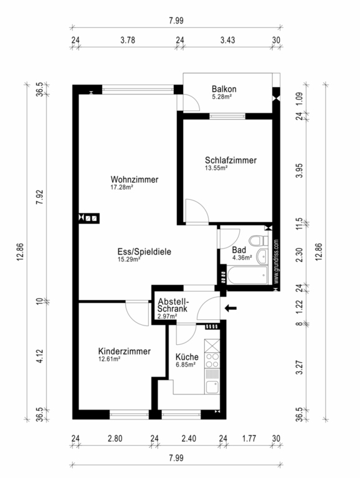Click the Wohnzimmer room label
tap(135, 179)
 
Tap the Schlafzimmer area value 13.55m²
tap(216, 168)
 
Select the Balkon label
tap(224, 89)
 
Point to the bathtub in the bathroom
tap(247, 275)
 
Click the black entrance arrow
tap(230, 308)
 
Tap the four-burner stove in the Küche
tap(212, 360)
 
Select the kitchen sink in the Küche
tap(212, 387)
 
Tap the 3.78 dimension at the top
tap(128, 40)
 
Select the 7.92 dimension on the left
tap(40, 197)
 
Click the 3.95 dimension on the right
tap(300, 171)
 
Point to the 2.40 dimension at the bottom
tap(189, 439)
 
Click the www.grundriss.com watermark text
tap(276, 261)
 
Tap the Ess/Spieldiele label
tap(144, 252)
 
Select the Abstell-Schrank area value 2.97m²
tap(167, 316)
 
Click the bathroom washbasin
tap(262, 256)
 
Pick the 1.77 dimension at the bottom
tap(249, 439)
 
